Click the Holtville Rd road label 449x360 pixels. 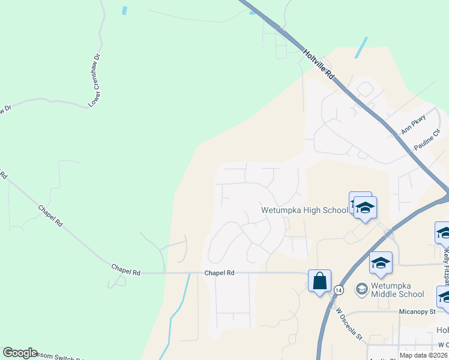click(319, 64)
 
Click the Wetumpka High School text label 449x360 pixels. click(304, 210)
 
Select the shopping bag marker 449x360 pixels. click(319, 280)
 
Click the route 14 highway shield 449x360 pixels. click(339, 290)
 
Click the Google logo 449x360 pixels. click(20, 353)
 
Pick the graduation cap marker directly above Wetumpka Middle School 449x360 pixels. click(381, 263)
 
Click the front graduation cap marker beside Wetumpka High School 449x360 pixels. click(365, 208)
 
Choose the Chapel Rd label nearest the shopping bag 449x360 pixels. click(218, 272)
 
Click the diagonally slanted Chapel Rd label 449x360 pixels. click(50, 216)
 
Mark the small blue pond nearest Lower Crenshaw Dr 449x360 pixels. click(125, 11)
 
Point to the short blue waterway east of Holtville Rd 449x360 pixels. click(361, 47)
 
